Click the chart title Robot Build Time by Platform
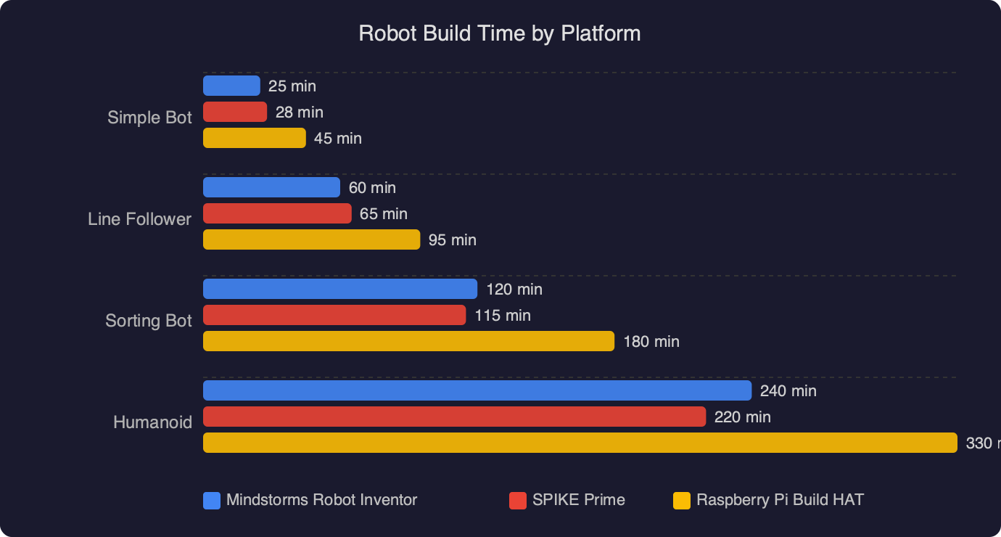tap(500, 33)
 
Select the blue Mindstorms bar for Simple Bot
tap(231, 86)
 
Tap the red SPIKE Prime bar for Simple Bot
tap(235, 112)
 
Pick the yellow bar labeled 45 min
tap(254, 138)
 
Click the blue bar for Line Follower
tap(271, 187)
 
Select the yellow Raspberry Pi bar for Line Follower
tap(311, 239)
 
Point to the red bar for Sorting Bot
tap(334, 315)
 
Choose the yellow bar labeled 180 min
tap(408, 341)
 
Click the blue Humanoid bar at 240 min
tap(477, 390)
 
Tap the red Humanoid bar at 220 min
tap(454, 417)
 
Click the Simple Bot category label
tap(149, 118)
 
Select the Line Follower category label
tap(139, 219)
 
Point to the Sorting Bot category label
tap(149, 321)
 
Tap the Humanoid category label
tap(152, 422)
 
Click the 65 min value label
tap(384, 214)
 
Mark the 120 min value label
tap(514, 290)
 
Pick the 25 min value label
tap(292, 86)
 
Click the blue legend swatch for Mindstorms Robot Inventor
tap(212, 501)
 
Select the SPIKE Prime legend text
tap(578, 500)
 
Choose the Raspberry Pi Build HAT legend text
tap(780, 500)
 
